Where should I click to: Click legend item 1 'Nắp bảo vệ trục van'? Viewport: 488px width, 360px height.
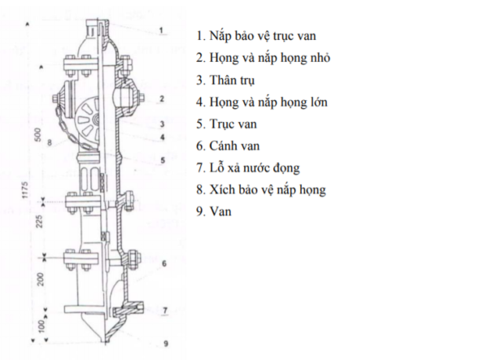point(256,36)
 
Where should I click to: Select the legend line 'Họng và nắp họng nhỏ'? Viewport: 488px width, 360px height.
point(264,58)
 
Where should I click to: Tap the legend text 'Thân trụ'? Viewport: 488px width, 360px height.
point(225,80)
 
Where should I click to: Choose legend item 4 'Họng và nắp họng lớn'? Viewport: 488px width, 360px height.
point(262,102)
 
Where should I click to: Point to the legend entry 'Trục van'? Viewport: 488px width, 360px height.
point(227,124)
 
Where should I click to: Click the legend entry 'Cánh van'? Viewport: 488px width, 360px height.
point(228,145)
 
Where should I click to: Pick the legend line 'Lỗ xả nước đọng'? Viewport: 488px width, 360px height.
point(248,168)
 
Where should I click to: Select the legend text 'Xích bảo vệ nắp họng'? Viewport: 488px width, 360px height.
point(261,189)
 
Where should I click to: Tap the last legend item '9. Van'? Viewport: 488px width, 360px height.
point(214,211)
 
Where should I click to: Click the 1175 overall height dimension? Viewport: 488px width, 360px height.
point(25,189)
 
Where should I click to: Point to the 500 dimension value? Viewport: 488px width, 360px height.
point(37,135)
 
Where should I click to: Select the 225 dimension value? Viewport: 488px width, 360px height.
point(39,221)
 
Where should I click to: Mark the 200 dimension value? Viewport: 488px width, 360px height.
point(41,280)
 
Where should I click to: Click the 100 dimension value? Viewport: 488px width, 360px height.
point(41,327)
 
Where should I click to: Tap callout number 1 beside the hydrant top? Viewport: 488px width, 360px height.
point(161,30)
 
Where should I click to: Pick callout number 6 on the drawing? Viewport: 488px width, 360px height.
point(164,263)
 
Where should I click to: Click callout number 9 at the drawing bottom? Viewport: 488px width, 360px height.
point(166,344)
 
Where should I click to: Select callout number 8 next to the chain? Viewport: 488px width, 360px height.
point(49,143)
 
